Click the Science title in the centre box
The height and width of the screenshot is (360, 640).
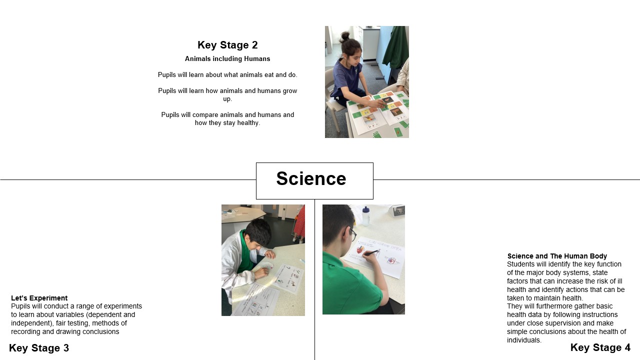(311, 178)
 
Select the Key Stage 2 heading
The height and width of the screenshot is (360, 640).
(227, 45)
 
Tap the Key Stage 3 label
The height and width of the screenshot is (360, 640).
(39, 348)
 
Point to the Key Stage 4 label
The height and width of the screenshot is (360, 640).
(600, 347)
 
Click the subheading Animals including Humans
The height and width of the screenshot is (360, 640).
(227, 59)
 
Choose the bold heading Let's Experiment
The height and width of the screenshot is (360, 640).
(39, 298)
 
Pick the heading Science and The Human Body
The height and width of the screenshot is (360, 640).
(557, 256)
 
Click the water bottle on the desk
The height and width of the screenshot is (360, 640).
(365, 216)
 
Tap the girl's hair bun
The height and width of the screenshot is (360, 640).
(345, 36)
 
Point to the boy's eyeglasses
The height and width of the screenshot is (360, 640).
(352, 233)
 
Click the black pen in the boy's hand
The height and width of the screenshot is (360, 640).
(371, 252)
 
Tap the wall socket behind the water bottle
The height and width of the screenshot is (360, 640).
(398, 211)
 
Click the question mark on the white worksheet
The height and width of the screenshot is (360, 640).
(288, 268)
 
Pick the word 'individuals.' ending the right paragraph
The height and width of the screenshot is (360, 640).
(524, 340)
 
